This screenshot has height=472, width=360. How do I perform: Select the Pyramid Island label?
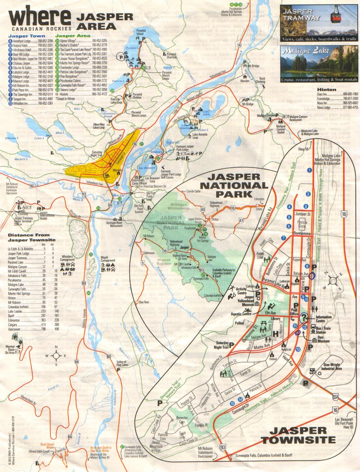click(x=140, y=32)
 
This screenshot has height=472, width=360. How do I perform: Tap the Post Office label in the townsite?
click(x=294, y=312)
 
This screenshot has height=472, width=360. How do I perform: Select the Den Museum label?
click(x=323, y=339)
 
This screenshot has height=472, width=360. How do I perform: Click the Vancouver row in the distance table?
click(x=33, y=329)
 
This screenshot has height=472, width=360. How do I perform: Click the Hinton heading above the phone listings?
click(x=327, y=90)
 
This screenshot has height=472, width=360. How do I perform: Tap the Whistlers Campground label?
click(x=68, y=258)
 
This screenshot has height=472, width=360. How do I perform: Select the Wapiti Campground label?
click(x=108, y=259)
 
